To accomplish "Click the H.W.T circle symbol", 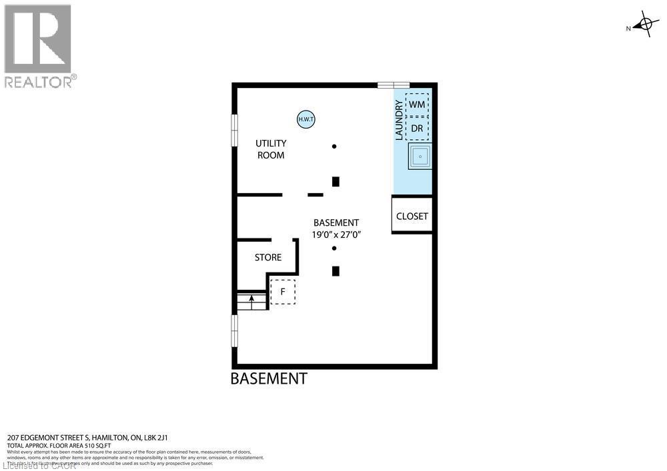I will tap(306, 119).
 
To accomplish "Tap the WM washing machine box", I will tap(417, 105).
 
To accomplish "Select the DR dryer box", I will tap(417, 127).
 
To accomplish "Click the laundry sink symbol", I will tap(420, 157).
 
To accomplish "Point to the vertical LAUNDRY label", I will tap(399, 120).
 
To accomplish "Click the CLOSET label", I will tap(412, 217).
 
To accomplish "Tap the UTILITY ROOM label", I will tap(271, 149).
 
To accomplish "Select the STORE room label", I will tap(268, 257).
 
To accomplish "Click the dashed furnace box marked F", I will tap(283, 292).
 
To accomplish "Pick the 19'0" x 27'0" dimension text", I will tap(337, 235).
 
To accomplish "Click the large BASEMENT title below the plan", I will tap(269, 379).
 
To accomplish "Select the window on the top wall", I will tap(394, 85).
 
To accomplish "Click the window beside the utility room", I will tap(234, 129).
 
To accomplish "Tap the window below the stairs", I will tap(234, 330).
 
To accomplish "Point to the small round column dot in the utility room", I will tap(334, 147).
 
